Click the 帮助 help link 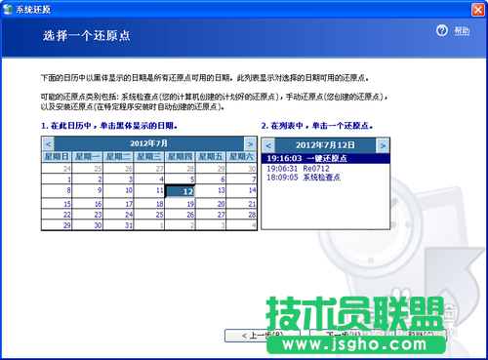(462, 31)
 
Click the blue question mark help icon (442, 31)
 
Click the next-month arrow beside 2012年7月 (250, 143)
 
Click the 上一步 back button (257, 335)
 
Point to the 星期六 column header (240, 156)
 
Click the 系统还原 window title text (35, 7)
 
